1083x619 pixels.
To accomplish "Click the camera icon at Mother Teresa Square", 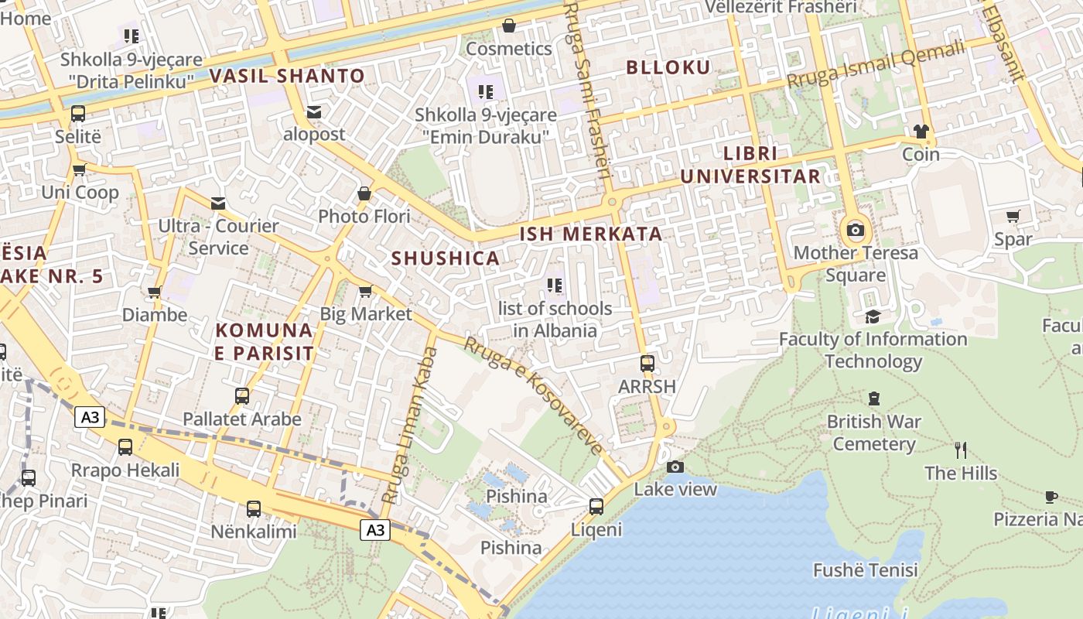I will tap(855, 230).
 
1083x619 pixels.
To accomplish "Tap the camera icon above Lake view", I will tap(675, 467).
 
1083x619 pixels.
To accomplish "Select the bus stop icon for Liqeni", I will tap(596, 507).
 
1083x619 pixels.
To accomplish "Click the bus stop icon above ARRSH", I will tap(647, 363).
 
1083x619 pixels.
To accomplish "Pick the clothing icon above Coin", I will tap(921, 131).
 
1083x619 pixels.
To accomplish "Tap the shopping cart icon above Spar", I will tap(1013, 216).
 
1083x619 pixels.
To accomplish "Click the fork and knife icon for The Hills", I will tap(961, 450).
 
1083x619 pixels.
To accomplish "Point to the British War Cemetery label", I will tap(874, 433).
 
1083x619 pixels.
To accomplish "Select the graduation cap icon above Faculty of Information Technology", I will tap(873, 316).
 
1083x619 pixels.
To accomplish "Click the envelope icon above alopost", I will tap(314, 112).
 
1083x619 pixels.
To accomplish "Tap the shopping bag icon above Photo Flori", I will tap(364, 193).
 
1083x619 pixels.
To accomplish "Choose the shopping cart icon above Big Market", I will tap(365, 291).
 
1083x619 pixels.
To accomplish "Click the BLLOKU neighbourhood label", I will tap(668, 67).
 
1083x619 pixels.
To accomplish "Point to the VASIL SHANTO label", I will tap(287, 76).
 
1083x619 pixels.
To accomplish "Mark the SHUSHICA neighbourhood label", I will tap(446, 258).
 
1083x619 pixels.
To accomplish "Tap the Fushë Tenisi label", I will tap(866, 570).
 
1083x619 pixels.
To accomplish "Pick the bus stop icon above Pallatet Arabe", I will tap(242, 396).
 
